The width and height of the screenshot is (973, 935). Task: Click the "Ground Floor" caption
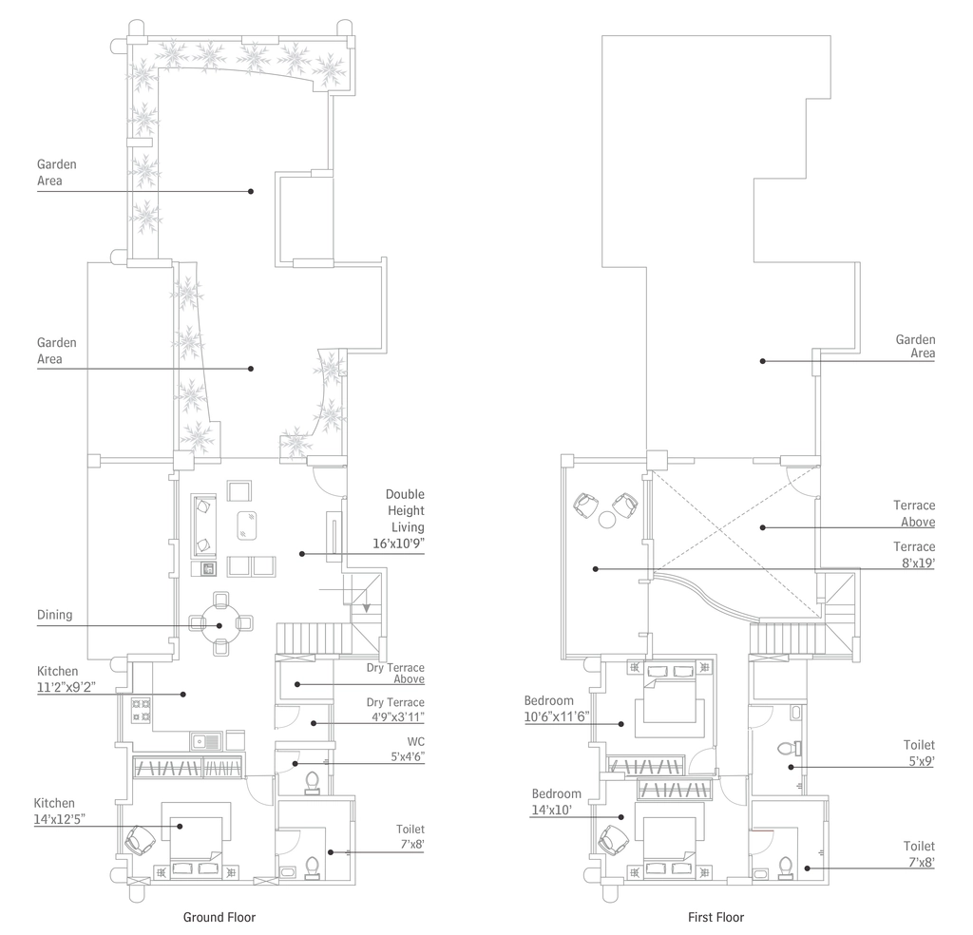[x=219, y=917]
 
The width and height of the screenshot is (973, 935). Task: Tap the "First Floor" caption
[x=715, y=917]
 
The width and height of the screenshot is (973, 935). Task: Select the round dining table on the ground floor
[x=220, y=623]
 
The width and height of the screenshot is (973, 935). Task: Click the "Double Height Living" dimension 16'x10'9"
[x=398, y=544]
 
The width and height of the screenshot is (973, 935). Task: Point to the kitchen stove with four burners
[x=141, y=710]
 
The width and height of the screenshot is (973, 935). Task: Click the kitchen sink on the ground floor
[x=206, y=741]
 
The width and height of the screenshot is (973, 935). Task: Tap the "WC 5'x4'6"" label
[x=408, y=750]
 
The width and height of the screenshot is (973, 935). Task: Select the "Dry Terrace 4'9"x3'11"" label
[x=395, y=710]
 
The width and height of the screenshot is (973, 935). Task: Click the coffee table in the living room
[x=246, y=525]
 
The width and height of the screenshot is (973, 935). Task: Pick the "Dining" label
[x=54, y=615]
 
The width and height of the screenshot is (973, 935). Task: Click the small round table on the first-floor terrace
[x=606, y=520]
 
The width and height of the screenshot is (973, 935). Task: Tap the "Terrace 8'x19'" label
[x=914, y=554]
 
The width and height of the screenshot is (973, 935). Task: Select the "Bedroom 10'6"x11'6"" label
[x=557, y=709]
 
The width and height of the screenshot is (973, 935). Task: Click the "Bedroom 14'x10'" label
[x=556, y=802]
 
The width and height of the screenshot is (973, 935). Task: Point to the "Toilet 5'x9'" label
[x=919, y=753]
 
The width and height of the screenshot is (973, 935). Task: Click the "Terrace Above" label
[x=914, y=514]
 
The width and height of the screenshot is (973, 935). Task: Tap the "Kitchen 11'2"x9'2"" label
[x=66, y=678]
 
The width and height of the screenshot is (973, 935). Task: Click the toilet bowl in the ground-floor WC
[x=312, y=783]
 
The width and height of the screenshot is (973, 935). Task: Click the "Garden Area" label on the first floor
[x=915, y=346]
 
